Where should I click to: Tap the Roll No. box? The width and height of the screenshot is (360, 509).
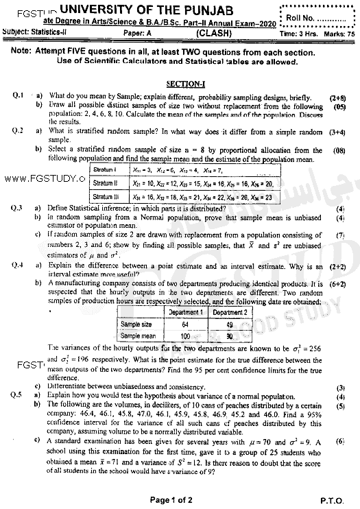pos(320,14)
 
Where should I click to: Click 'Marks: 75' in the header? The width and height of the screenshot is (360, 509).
pos(339,33)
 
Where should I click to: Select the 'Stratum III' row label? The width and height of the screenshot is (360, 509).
pos(104,196)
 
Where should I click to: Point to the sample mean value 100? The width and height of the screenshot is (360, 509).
pos(184,335)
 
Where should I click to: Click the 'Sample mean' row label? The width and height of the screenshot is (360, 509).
pos(139,335)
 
